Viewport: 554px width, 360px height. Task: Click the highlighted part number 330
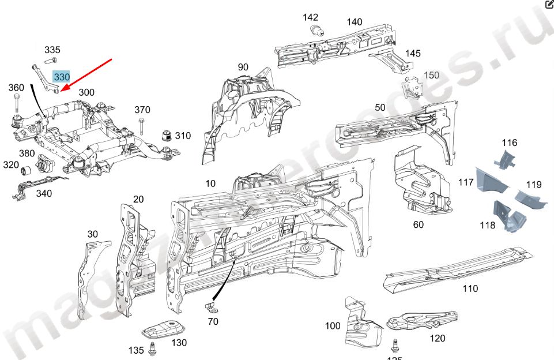[61, 77]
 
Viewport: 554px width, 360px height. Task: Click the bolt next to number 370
[142, 125]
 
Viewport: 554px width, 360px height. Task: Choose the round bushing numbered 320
[25, 171]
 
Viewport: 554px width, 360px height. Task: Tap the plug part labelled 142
[315, 31]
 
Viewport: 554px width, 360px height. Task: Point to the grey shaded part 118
[505, 216]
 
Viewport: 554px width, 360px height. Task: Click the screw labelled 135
[153, 348]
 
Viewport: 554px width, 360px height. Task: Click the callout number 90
[243, 67]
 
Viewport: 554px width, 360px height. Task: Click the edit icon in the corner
[549, 5]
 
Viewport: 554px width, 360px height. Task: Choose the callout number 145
[413, 53]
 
